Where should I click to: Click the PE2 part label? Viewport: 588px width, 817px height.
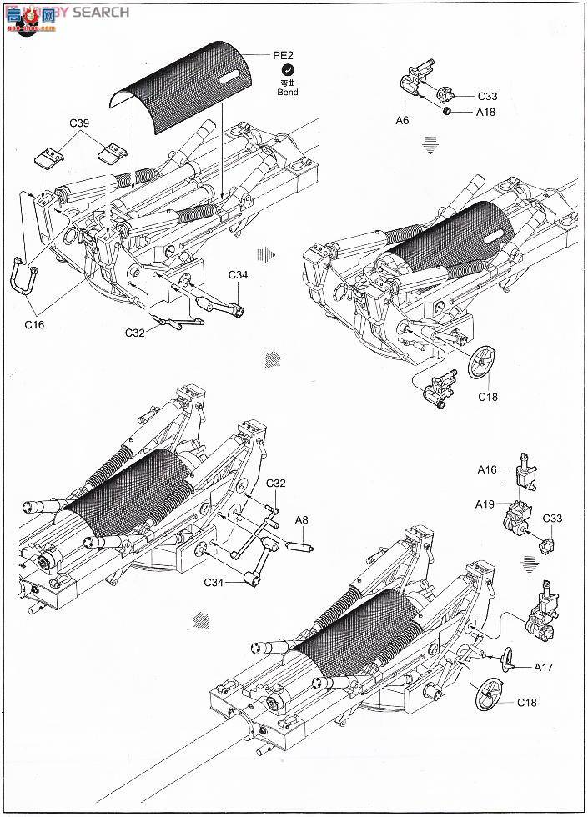[x=284, y=55]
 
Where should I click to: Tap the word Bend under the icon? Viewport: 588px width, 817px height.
[x=287, y=93]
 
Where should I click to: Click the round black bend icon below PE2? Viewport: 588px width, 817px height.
[x=287, y=71]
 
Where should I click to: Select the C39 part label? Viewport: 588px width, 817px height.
[x=80, y=124]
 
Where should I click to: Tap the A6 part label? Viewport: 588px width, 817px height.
[x=402, y=120]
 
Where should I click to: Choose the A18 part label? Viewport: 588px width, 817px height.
[x=485, y=112]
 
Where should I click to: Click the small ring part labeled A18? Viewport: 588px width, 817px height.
[x=448, y=111]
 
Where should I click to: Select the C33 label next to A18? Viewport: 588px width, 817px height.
[x=488, y=96]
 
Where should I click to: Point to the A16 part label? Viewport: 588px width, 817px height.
[x=487, y=469]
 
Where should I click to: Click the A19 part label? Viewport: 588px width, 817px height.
[x=485, y=504]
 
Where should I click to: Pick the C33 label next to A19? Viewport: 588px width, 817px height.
[x=552, y=519]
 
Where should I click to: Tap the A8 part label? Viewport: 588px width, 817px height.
[x=301, y=519]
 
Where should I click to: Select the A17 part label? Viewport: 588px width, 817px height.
[x=544, y=666]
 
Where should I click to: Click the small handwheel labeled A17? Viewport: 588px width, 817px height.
[x=509, y=664]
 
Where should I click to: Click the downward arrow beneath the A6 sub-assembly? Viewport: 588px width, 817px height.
[x=430, y=147]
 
